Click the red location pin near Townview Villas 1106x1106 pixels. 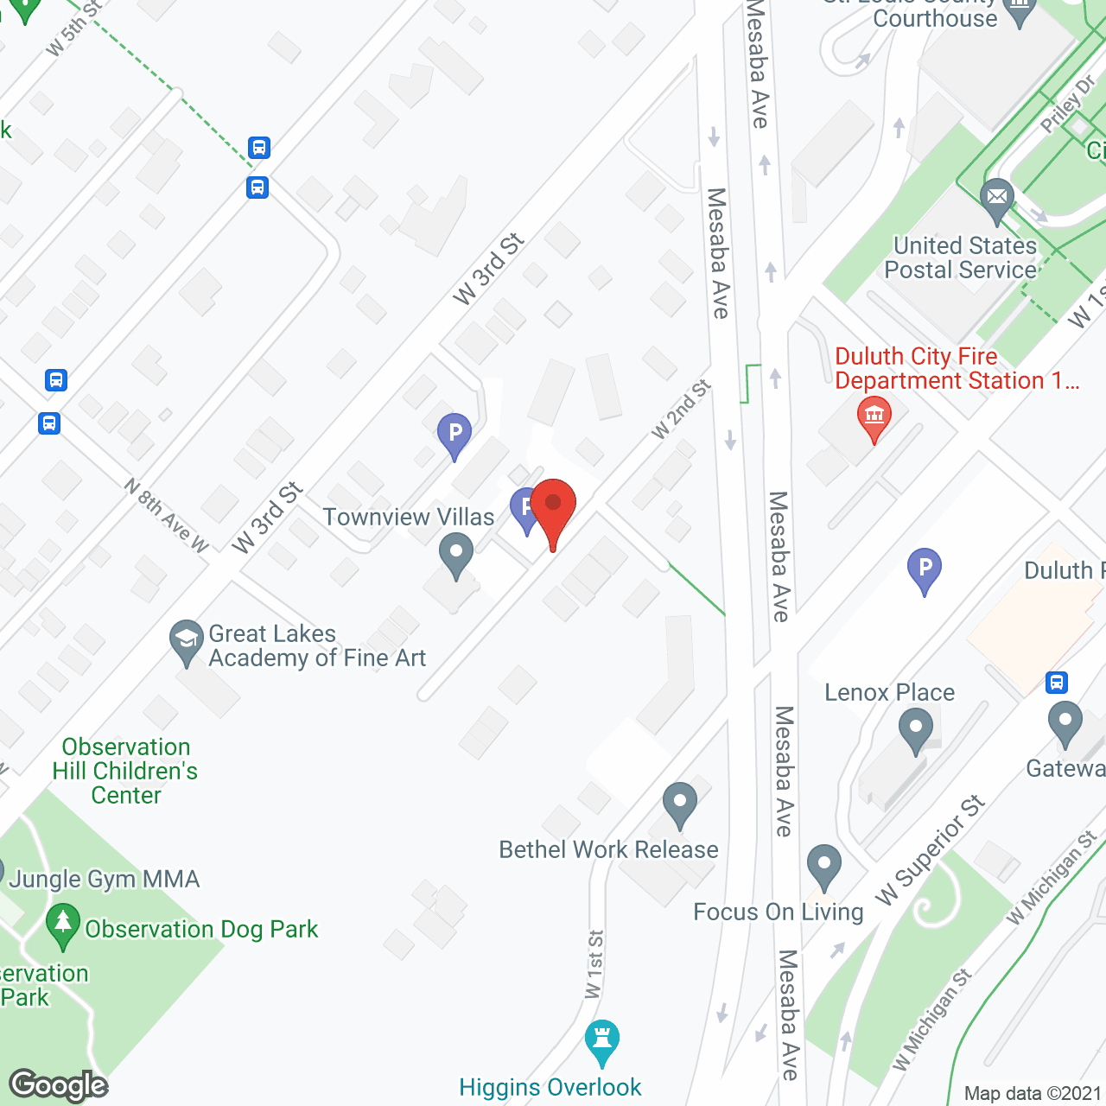point(553,506)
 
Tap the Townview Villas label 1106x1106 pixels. point(409,518)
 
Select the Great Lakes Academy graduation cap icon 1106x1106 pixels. point(186,640)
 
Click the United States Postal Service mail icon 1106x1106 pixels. point(996,198)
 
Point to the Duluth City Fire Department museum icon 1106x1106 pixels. point(874,416)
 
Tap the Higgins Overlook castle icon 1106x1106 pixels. point(602,1039)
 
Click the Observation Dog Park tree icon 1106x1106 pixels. point(63,923)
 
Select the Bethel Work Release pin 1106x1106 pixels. point(680,803)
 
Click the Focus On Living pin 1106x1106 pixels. point(824,864)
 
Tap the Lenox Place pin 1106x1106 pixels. point(916,728)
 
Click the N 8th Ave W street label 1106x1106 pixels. point(167,516)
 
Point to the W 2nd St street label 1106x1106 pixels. point(681,409)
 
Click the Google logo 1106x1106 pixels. point(59,1085)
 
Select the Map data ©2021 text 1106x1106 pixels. point(1033,1094)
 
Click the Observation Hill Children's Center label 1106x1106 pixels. point(126,771)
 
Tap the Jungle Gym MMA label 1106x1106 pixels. point(105,880)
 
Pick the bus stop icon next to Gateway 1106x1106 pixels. point(1056,683)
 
